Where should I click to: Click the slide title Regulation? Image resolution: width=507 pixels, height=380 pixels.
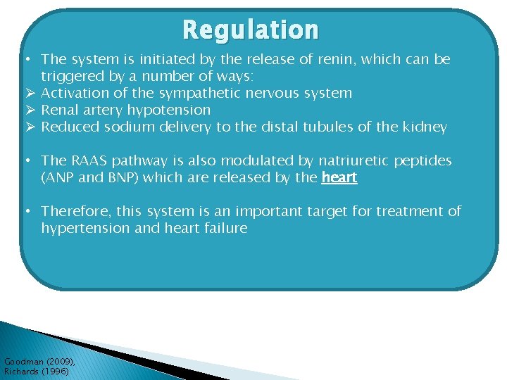coord(250,30)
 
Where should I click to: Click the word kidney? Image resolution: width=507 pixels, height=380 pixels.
coord(425,127)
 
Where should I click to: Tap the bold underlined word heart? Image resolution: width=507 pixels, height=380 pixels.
coord(339,177)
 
